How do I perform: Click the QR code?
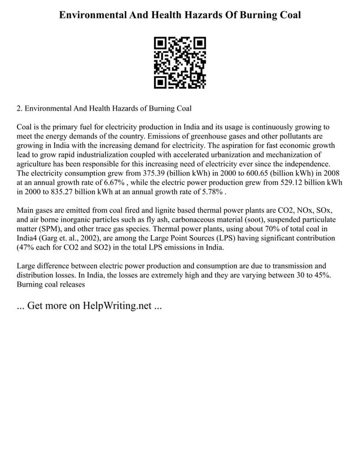click(180, 63)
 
